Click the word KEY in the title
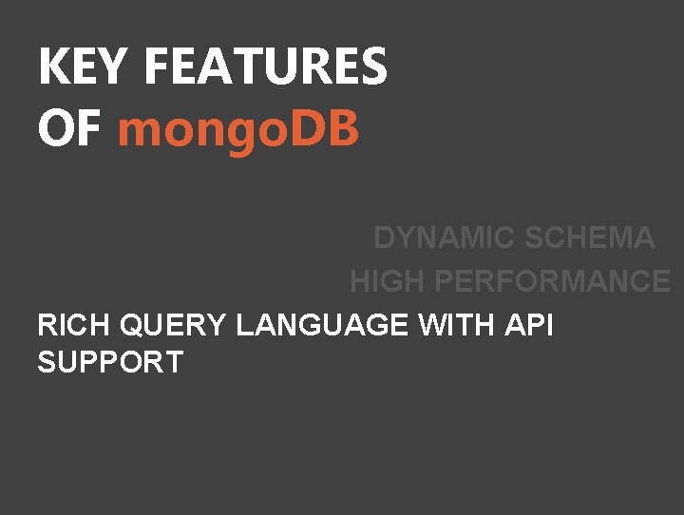[x=85, y=67]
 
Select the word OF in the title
[x=69, y=129]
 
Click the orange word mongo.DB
[x=238, y=129]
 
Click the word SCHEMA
[x=589, y=238]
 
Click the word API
[x=529, y=326]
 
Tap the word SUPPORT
[x=110, y=362]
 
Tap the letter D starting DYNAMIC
[x=385, y=238]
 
